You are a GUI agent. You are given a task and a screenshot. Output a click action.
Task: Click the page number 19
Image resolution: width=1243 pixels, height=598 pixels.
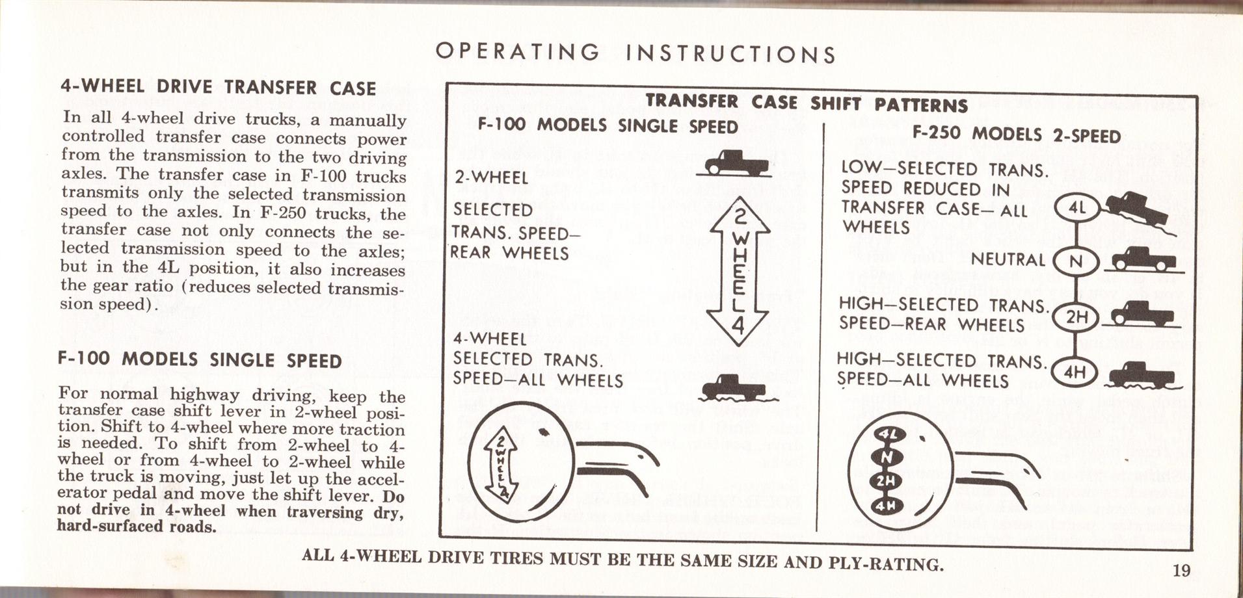tap(1181, 571)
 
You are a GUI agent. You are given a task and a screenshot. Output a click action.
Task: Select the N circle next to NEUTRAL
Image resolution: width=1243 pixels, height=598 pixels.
tap(1076, 262)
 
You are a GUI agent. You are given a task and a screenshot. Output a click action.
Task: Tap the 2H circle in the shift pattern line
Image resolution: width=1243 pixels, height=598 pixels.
tap(1077, 317)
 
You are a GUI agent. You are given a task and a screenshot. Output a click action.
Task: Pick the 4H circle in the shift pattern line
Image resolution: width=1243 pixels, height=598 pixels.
tap(1077, 372)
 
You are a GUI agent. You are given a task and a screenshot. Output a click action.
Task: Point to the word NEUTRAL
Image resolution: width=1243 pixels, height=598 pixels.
tap(1008, 260)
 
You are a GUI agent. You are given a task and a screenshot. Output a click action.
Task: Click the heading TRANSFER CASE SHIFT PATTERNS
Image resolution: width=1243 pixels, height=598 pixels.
tap(807, 103)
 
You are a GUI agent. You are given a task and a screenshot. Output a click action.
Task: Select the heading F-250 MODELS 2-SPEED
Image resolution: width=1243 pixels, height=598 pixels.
tap(1016, 135)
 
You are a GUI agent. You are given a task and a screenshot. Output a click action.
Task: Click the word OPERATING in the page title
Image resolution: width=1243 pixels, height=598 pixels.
tap(517, 52)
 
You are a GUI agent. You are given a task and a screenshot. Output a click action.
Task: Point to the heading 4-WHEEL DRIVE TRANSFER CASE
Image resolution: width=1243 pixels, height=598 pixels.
tap(218, 88)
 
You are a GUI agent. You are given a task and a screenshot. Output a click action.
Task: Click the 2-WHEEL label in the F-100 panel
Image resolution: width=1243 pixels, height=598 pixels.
tap(491, 177)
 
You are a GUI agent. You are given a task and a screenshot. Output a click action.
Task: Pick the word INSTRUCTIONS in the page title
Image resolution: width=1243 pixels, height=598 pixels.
tap(730, 53)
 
